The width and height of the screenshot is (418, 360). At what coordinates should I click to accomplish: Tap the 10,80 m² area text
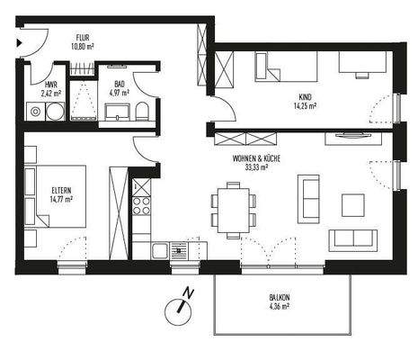[84, 45]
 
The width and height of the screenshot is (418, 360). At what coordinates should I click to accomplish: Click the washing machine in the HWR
[37, 112]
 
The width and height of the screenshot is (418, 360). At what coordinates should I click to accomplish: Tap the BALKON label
[279, 298]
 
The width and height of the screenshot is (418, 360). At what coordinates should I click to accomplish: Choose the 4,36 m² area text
[279, 307]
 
